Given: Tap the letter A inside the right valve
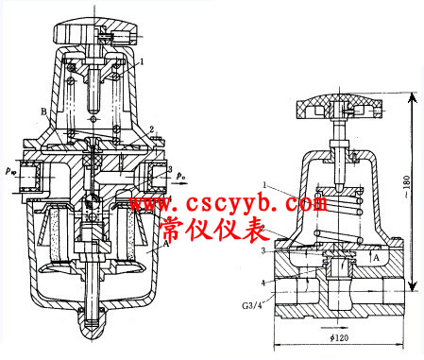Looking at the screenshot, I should [376, 256].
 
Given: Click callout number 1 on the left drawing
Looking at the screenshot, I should [142, 60].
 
